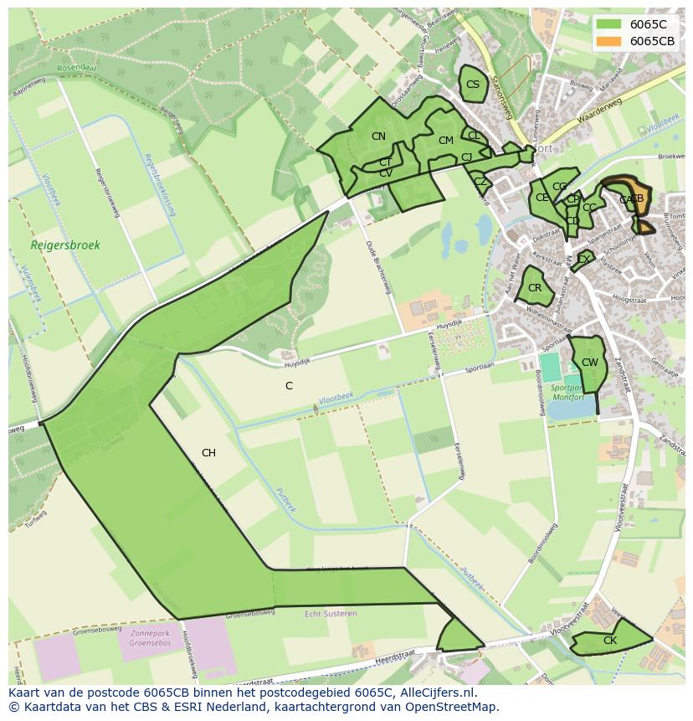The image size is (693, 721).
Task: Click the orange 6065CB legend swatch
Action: (x=609, y=41)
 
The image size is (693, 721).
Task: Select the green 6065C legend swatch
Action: (x=609, y=24)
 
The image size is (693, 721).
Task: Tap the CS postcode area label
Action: (x=473, y=85)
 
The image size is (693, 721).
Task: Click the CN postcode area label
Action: (x=378, y=136)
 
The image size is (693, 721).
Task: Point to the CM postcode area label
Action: (x=445, y=141)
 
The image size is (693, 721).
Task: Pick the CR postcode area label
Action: (x=535, y=288)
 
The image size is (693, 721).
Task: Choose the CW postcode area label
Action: (x=590, y=363)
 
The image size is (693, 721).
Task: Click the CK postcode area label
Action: (x=610, y=641)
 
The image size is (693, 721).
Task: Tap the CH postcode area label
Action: (x=208, y=453)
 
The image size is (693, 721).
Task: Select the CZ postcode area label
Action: (x=480, y=182)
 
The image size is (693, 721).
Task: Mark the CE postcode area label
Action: (x=542, y=198)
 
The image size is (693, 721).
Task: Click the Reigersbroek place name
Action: (x=65, y=245)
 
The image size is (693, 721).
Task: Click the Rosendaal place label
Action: (x=78, y=68)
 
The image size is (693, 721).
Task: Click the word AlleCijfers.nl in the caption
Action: (x=435, y=693)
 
